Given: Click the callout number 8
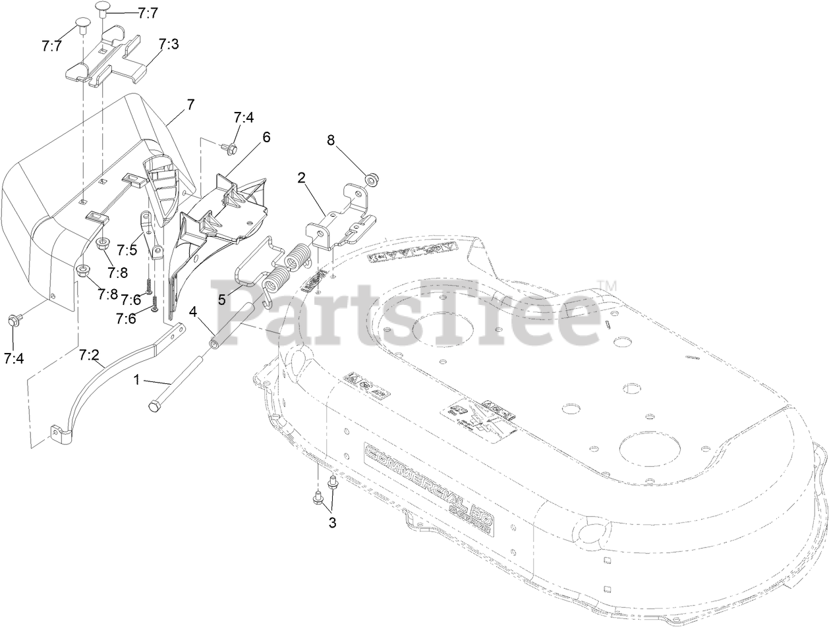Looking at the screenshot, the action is (x=331, y=140).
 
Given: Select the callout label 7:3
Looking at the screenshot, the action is (x=169, y=45).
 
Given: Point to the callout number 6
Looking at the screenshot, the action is (x=266, y=137).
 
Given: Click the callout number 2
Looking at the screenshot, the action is (x=301, y=177).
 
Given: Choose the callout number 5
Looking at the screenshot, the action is (x=221, y=298).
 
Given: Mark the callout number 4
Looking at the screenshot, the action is (x=193, y=311).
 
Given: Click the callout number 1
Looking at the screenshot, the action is (x=137, y=379).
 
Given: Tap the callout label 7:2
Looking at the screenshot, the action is (x=90, y=356).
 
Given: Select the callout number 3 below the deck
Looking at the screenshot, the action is (x=332, y=523).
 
